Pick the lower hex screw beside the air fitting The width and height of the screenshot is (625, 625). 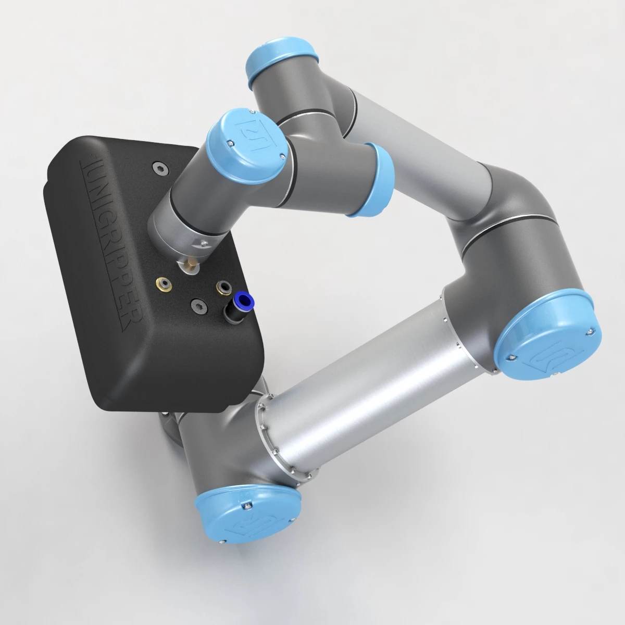[x=197, y=307]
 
